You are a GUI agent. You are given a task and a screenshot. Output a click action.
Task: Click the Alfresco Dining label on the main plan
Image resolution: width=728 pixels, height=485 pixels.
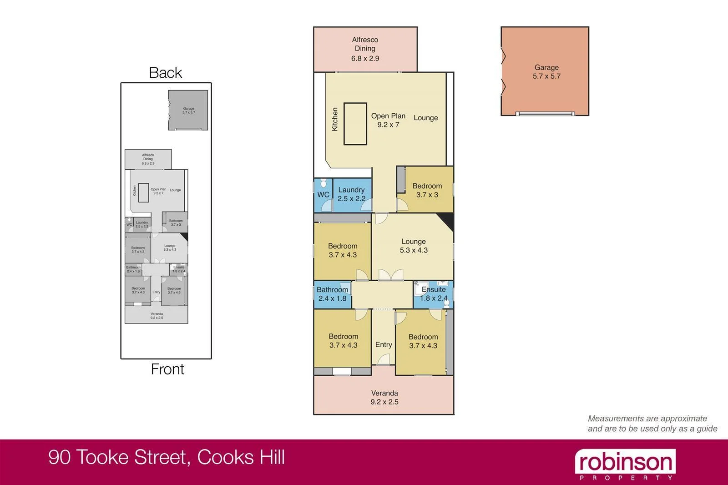pos(365,49)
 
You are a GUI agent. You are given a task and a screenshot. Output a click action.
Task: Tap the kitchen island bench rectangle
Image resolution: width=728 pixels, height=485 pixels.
pos(355,124)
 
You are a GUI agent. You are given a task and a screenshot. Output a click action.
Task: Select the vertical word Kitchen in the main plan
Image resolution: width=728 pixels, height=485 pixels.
pos(335,119)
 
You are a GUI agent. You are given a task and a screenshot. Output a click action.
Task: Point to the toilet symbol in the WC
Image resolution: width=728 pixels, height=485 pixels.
pos(324,183)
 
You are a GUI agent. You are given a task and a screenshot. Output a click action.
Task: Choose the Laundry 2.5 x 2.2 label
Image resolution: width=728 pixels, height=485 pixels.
pos(351,194)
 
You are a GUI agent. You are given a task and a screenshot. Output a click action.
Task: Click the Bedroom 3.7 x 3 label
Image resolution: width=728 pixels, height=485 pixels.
pos(427,190)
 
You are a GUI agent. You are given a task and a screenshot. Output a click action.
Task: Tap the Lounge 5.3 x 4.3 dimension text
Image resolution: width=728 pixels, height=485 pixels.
pos(414,250)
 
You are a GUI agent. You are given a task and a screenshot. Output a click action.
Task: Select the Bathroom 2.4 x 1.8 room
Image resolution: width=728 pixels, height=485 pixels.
pos(332,294)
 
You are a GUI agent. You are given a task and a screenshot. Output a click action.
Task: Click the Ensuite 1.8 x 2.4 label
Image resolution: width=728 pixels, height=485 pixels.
pos(434,294)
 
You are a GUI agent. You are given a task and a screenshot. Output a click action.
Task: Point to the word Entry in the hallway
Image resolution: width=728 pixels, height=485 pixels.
pos(384,345)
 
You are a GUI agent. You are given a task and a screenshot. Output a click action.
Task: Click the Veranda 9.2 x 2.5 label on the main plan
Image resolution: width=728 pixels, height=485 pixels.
pos(384,397)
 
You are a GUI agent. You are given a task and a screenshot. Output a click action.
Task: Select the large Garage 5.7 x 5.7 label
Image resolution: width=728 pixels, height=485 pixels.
pos(546,72)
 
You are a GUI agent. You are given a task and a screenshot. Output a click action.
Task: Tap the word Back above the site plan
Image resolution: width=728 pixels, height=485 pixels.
pos(165,73)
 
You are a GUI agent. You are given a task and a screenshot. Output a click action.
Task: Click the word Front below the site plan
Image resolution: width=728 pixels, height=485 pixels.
pos(167,369)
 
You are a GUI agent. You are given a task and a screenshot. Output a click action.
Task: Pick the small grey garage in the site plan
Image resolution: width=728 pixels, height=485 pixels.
pos(188,110)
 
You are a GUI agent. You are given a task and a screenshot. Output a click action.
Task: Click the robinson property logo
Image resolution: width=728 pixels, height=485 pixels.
pos(625,465)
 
